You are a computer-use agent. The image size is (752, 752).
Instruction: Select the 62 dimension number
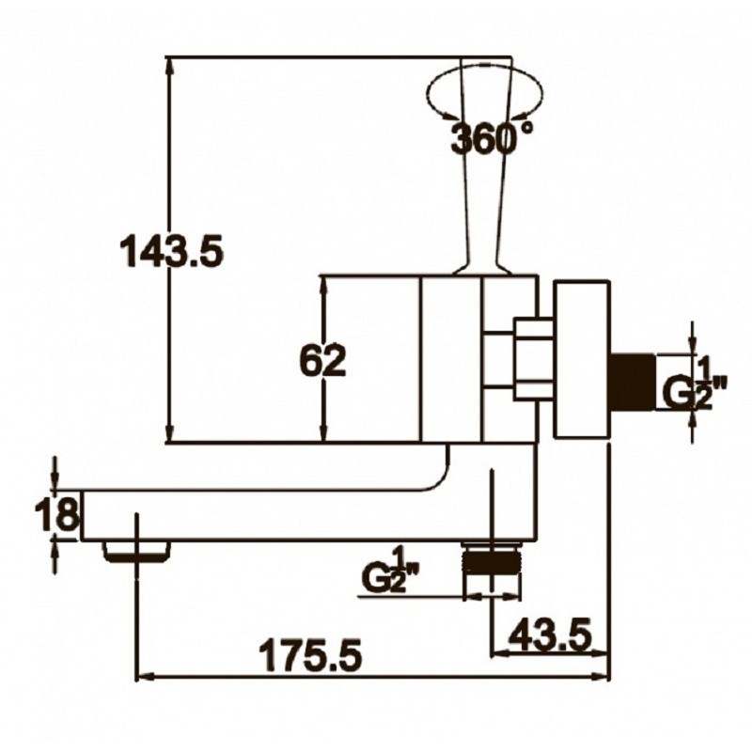coord(323,361)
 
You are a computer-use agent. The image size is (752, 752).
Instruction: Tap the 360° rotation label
coord(492,137)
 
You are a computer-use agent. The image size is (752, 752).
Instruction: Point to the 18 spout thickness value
coord(56,513)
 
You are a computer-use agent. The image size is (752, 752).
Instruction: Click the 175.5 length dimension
coord(310,654)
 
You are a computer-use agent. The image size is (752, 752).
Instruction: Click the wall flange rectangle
coord(582,360)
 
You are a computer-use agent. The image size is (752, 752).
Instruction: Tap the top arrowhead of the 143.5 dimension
coord(168,65)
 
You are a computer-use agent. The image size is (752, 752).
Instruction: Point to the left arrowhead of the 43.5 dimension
coord(500,652)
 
